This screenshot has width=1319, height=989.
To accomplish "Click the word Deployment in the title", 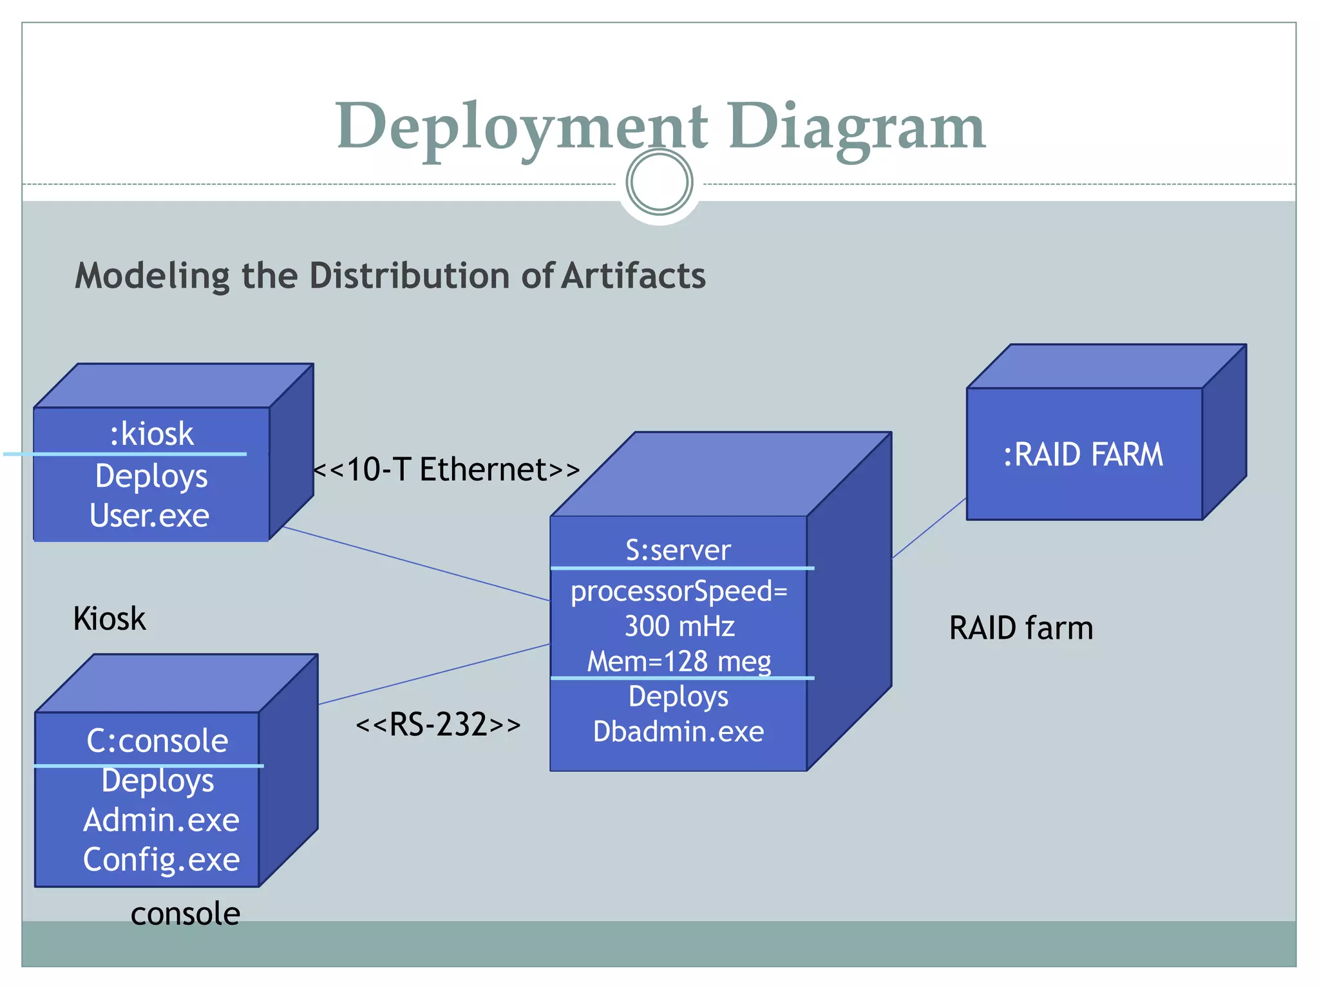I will coord(522,127).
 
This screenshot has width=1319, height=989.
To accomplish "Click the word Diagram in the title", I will coord(857,127).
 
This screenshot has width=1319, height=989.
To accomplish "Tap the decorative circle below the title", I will coord(659,182).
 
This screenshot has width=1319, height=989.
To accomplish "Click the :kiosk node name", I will coord(152,433).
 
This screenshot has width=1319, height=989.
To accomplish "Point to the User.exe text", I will coord(149,516).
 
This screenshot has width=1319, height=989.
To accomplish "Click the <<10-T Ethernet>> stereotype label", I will coord(446,469).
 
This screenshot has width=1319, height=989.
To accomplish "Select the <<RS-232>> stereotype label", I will coord(438,724).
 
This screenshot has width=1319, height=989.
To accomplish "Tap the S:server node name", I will coord(678,550).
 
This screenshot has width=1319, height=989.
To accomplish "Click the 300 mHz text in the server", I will coord(679,626).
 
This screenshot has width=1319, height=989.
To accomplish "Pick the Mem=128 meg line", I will coord(679,661).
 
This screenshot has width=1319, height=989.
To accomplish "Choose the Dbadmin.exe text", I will coord(678,731).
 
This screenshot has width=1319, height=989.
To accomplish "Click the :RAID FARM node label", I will coord(1084,455).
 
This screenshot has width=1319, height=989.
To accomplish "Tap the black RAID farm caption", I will coord(1021,628).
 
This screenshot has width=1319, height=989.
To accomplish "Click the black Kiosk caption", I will coord(109,619).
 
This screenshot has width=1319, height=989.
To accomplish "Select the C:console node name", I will coord(157,740).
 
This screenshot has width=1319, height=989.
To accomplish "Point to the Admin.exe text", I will coord(161,820).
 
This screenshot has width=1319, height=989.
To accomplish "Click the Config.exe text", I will coord(161,860).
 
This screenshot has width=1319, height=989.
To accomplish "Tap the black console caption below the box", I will coord(185,914).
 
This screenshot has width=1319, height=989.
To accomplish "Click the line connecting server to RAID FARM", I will coord(929,528).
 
